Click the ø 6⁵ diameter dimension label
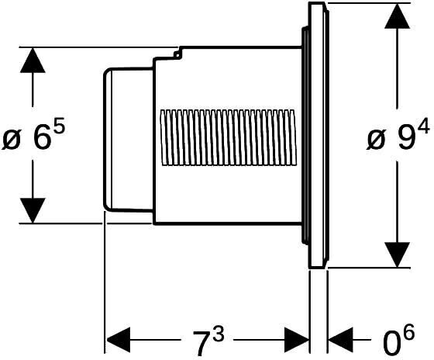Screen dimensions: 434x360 33,134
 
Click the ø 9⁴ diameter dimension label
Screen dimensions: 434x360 398,134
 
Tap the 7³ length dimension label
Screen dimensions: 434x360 208,340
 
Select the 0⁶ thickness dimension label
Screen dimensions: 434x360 399,340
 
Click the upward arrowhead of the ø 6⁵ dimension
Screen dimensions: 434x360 33,61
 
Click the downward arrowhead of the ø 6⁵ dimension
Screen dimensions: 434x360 33,210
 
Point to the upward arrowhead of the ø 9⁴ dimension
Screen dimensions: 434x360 397,16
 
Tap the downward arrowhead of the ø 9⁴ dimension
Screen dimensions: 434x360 397,255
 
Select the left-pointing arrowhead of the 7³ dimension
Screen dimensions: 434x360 118,340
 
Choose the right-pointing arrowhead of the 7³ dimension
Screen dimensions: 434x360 296,340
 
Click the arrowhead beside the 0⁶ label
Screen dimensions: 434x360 340,340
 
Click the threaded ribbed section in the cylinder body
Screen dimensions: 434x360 228,138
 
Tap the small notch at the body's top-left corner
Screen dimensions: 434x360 177,54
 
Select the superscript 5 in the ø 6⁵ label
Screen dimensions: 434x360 60,126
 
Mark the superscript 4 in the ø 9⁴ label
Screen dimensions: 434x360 424,126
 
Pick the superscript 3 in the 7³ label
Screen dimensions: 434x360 219,333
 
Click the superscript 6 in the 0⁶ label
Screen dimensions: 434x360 409,333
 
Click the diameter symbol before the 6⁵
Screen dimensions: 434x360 12,139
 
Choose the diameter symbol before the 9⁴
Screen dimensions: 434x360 377,139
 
